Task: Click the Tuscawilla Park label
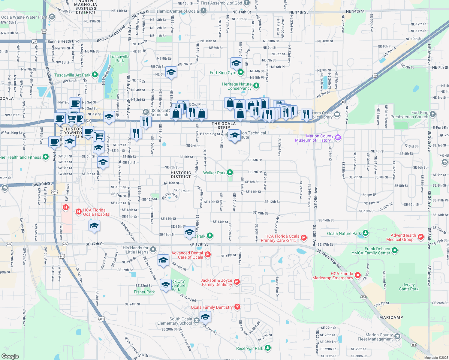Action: click(119, 58)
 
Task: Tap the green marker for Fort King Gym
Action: click(241, 72)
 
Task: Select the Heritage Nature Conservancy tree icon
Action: click(256, 86)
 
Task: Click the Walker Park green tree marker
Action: click(230, 172)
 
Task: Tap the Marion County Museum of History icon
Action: click(338, 138)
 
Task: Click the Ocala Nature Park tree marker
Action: click(365, 233)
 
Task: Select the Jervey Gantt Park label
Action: click(408, 287)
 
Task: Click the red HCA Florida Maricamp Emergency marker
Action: click(357, 275)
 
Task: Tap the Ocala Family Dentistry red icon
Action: click(237, 307)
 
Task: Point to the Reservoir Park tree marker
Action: click(268, 348)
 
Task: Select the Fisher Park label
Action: click(144, 292)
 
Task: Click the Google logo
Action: click(10, 356)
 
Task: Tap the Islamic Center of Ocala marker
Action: click(203, 11)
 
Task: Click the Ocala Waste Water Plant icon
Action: click(52, 17)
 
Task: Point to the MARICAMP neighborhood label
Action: click(391, 317)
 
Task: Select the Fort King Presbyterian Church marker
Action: click(432, 114)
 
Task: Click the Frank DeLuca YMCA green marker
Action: click(395, 250)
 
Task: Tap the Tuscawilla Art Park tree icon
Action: click(95, 74)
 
